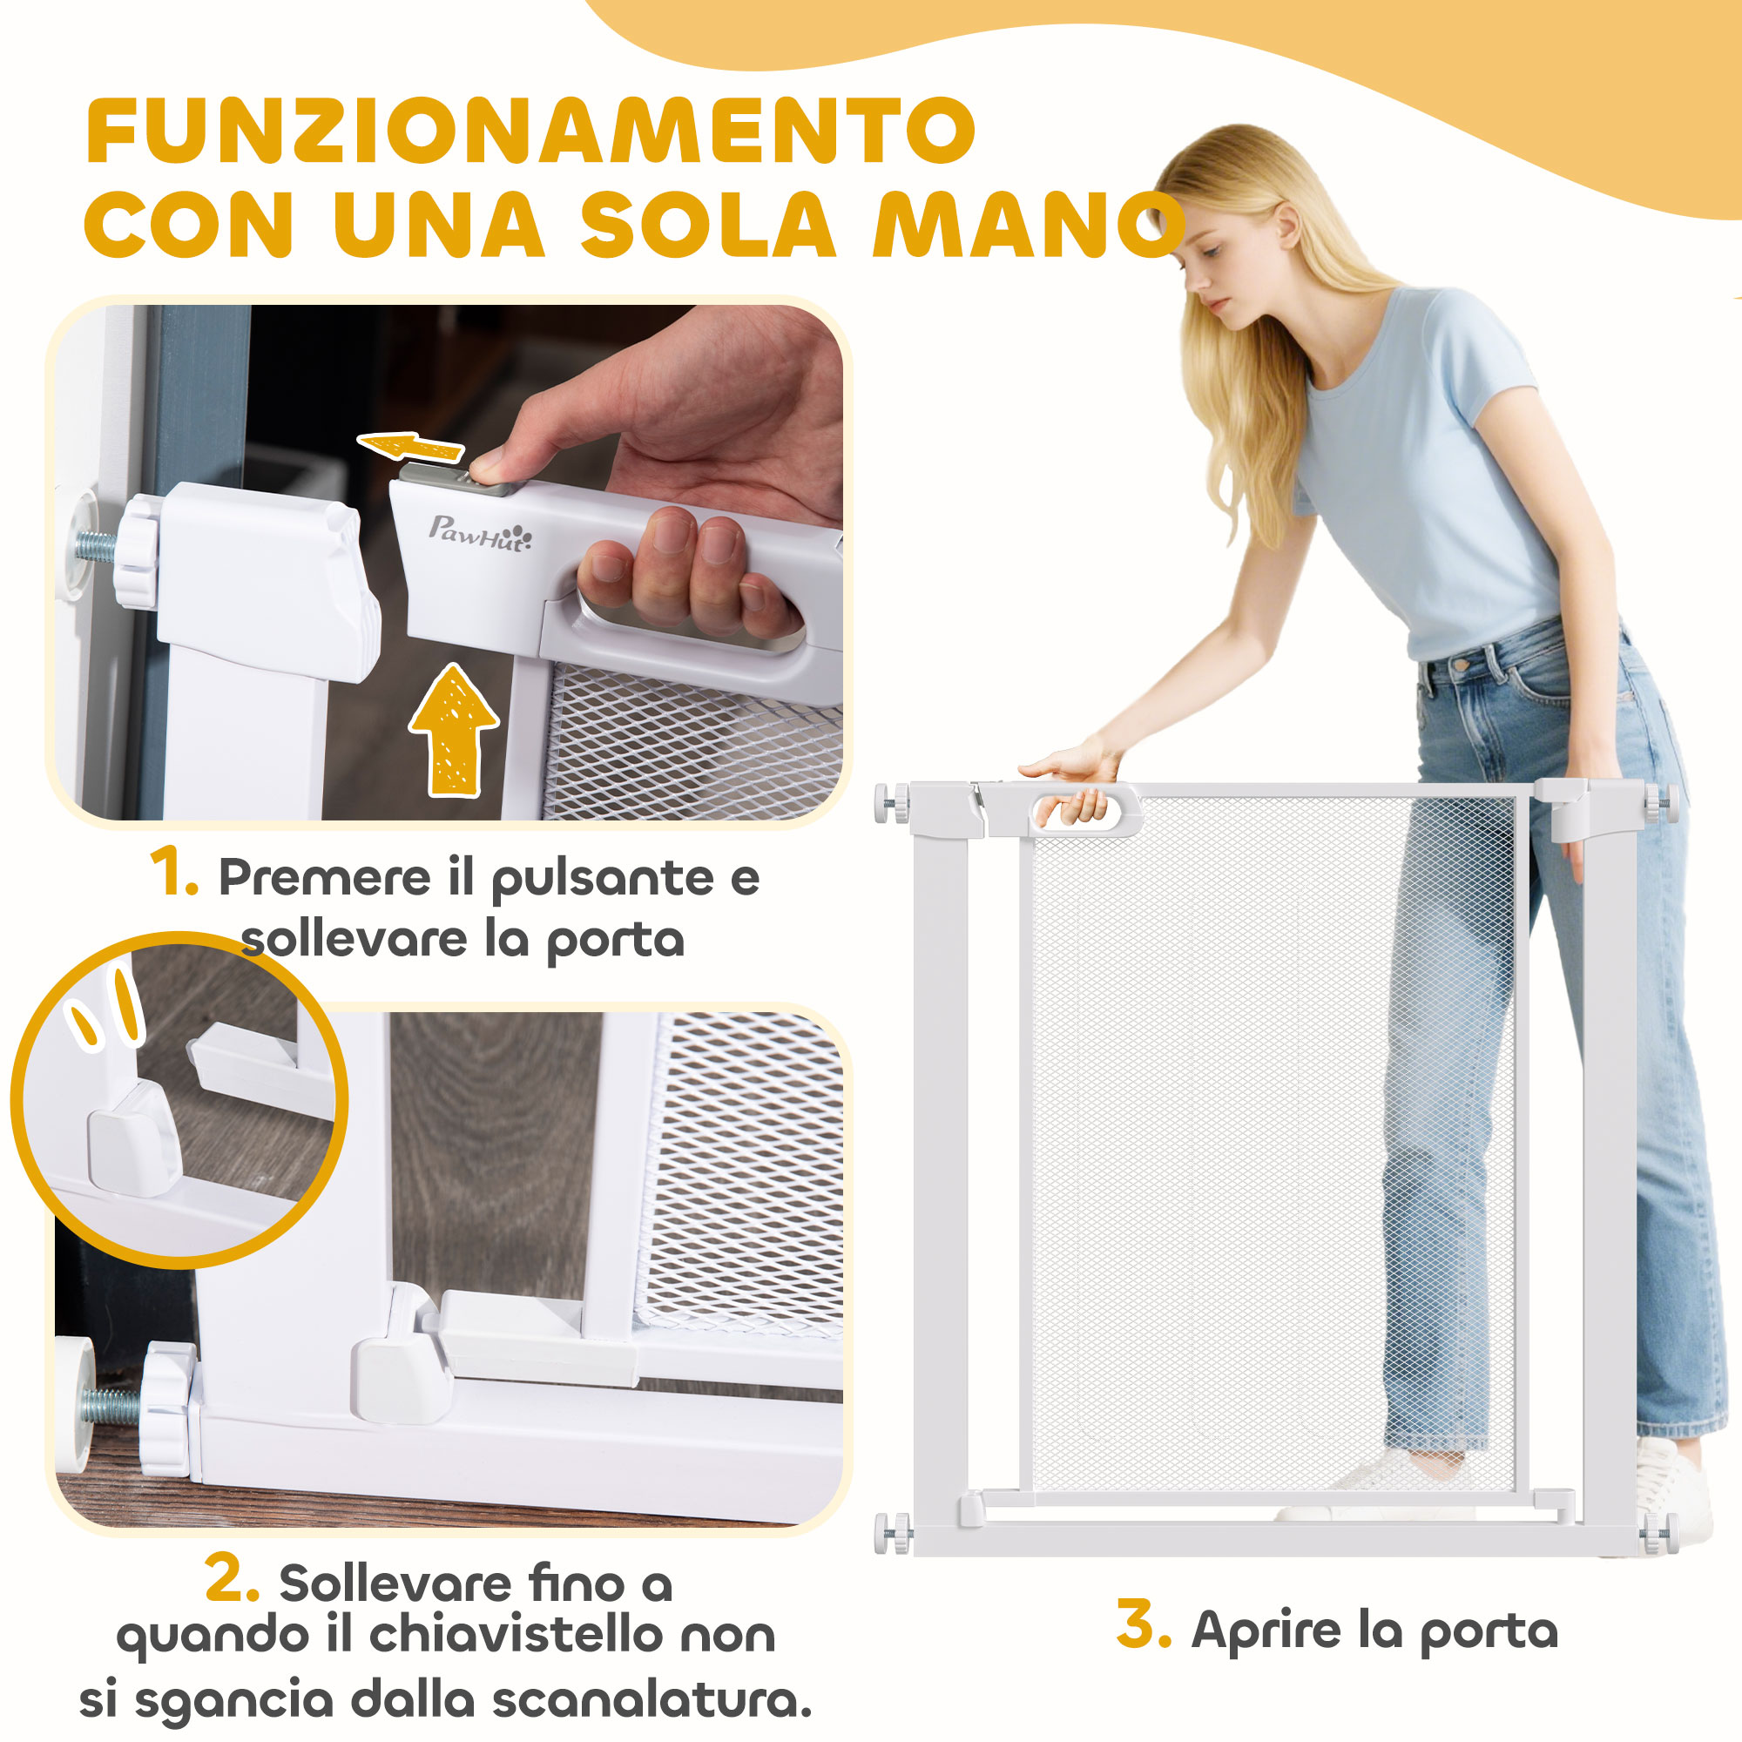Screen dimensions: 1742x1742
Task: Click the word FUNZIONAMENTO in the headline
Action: click(x=530, y=131)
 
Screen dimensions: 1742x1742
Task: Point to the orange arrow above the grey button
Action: click(x=410, y=446)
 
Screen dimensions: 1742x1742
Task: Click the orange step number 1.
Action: click(x=173, y=873)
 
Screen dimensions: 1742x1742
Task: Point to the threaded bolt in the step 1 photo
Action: click(x=96, y=546)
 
